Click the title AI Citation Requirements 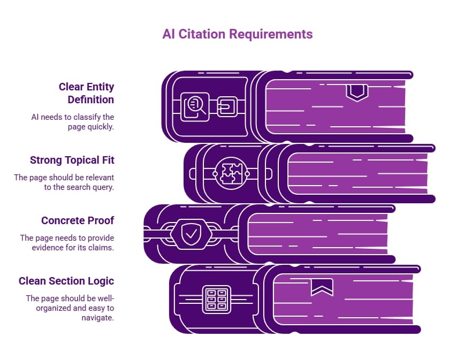(237, 34)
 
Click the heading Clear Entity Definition (86, 93)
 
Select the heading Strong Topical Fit (72, 160)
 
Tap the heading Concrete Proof (78, 220)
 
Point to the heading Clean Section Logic (66, 281)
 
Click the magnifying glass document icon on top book (194, 106)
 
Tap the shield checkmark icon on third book (189, 233)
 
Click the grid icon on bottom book (216, 299)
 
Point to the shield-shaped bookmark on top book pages (357, 93)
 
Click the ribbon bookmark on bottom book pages (322, 287)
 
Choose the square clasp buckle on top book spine (227, 107)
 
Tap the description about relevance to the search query (64, 182)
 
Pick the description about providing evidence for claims (67, 242)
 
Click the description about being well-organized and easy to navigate (70, 308)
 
